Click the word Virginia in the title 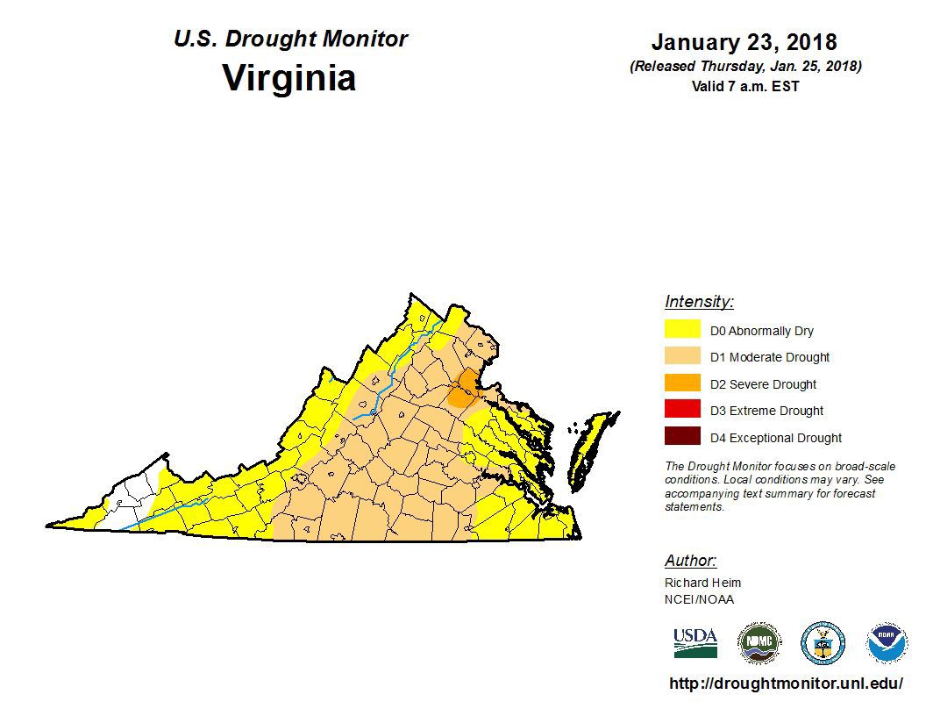[x=289, y=77]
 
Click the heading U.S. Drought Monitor [x=290, y=39]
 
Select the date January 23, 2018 [x=744, y=42]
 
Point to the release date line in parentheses [x=744, y=67]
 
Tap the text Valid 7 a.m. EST [x=744, y=86]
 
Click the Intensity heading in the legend [x=699, y=302]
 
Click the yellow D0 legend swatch [x=682, y=330]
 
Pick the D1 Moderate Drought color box [x=682, y=356]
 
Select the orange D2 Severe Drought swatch [x=682, y=383]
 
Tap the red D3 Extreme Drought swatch [x=682, y=410]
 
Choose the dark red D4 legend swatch [x=682, y=437]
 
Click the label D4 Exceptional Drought [x=776, y=438]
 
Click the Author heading [x=690, y=561]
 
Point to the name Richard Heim [x=702, y=583]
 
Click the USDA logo [x=695, y=642]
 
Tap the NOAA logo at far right [x=887, y=643]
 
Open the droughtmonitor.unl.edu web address [x=786, y=683]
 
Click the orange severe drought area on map [x=462, y=389]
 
